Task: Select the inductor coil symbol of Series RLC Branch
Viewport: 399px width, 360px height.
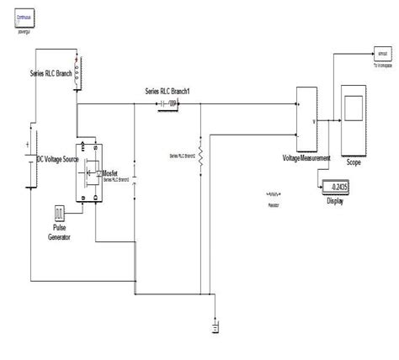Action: (78, 73)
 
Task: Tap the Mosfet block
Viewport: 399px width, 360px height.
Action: (88, 171)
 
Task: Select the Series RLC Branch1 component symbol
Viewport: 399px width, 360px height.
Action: (173, 104)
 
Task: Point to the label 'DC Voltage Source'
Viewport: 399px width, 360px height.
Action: (62, 159)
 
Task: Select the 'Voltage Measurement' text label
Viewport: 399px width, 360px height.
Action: (306, 158)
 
